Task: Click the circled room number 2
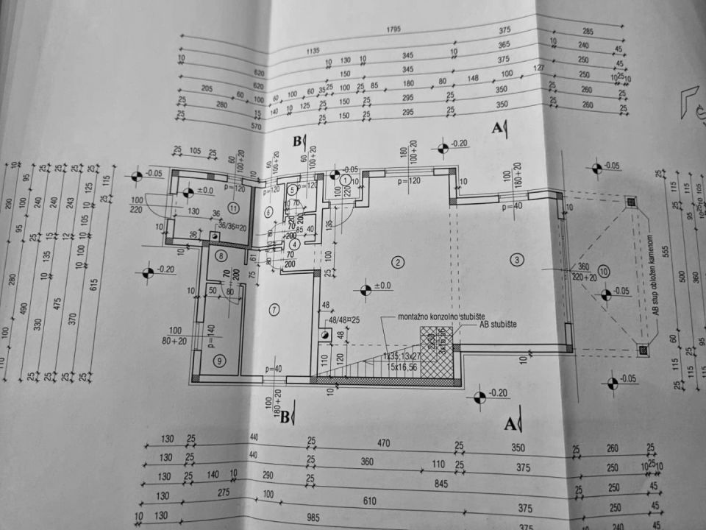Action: tap(399, 263)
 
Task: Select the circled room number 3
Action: tap(517, 259)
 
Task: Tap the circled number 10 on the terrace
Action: tap(604, 270)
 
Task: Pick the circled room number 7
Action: tap(274, 309)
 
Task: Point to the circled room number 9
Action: tap(218, 361)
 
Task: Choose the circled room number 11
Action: tap(234, 207)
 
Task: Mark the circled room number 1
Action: tap(345, 180)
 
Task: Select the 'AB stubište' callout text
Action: tap(501, 324)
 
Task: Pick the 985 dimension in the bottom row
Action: tap(313, 518)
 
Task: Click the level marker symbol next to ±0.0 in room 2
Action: tap(365, 290)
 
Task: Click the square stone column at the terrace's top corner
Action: tap(630, 201)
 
